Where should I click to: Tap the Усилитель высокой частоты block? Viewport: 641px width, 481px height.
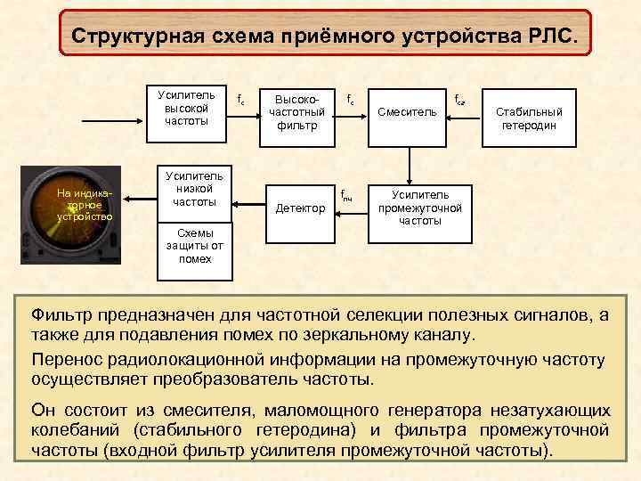(187, 108)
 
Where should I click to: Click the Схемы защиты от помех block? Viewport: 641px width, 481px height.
(187, 245)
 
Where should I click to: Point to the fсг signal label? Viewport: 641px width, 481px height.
(459, 100)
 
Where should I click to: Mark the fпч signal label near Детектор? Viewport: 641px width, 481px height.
(347, 196)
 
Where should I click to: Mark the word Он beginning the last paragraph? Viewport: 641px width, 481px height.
(43, 410)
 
